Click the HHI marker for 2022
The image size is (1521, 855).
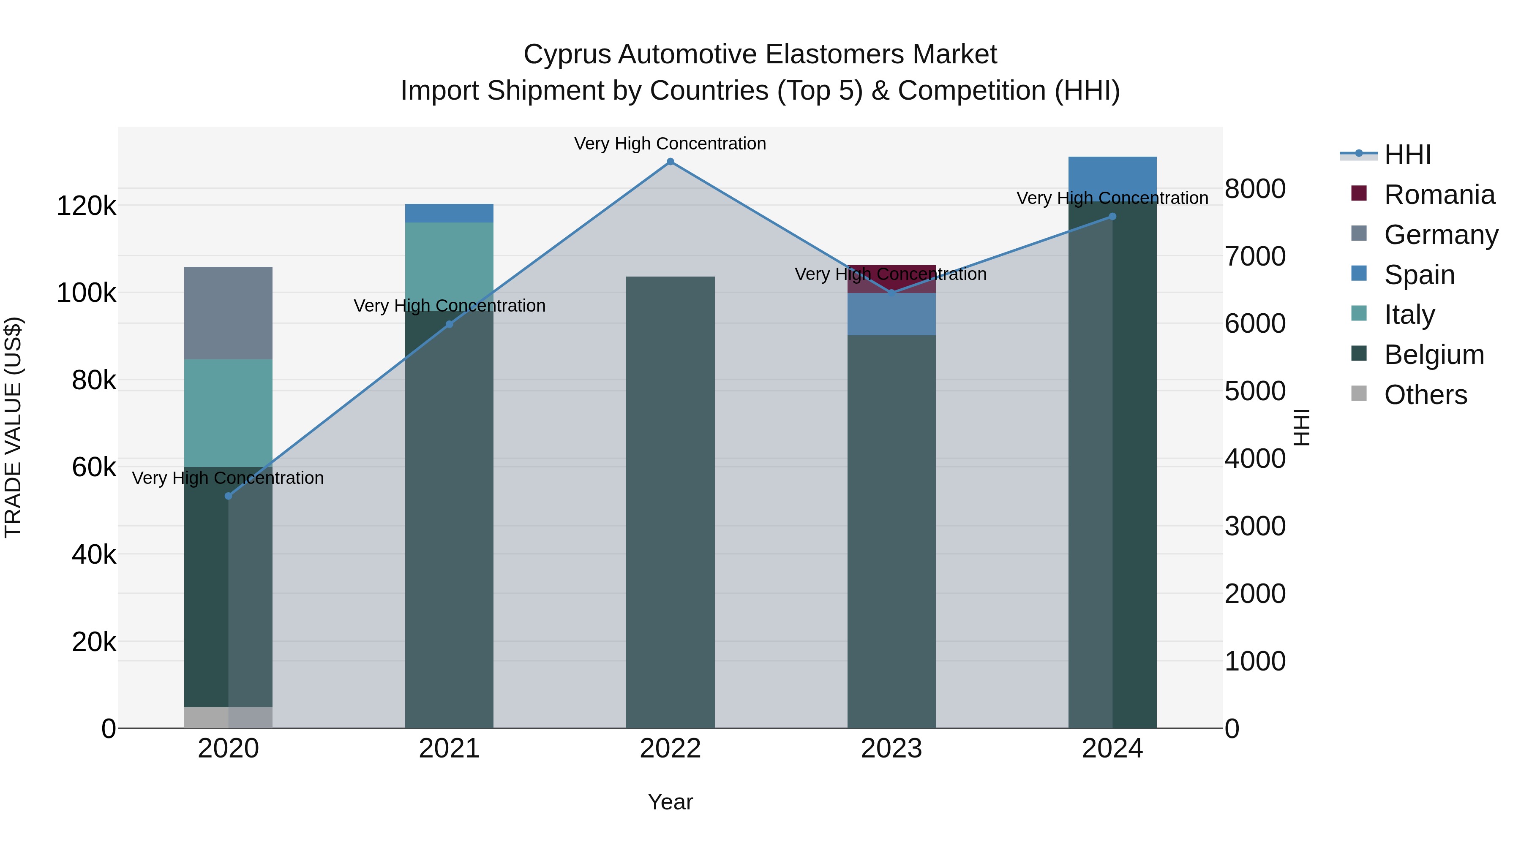click(670, 162)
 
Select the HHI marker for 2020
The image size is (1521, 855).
click(229, 496)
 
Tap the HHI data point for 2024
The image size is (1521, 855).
click(1112, 217)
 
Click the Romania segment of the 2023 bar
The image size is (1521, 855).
click(891, 279)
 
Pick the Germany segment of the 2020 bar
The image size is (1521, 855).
click(229, 313)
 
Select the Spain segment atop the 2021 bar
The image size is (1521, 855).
click(450, 213)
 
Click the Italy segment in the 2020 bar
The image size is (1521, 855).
click(229, 413)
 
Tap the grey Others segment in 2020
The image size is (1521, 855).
click(229, 717)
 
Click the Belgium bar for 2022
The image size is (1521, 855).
click(670, 502)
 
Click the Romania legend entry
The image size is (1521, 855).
click(1439, 195)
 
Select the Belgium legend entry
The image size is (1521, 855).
click(1434, 355)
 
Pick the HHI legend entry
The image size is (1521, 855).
click(1407, 155)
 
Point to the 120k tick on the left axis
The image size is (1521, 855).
click(86, 206)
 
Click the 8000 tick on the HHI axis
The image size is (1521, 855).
click(1255, 189)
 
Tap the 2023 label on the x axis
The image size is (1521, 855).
click(891, 749)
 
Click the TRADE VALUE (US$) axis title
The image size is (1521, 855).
click(13, 427)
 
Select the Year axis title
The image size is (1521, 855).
click(670, 802)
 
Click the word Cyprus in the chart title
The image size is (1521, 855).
click(567, 54)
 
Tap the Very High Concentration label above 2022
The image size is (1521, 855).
click(670, 144)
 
